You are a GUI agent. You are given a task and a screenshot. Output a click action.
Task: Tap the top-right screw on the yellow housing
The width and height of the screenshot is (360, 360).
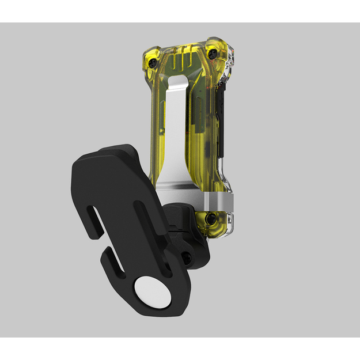213,54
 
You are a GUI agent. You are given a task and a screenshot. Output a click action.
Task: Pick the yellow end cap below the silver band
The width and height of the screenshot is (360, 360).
213,225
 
